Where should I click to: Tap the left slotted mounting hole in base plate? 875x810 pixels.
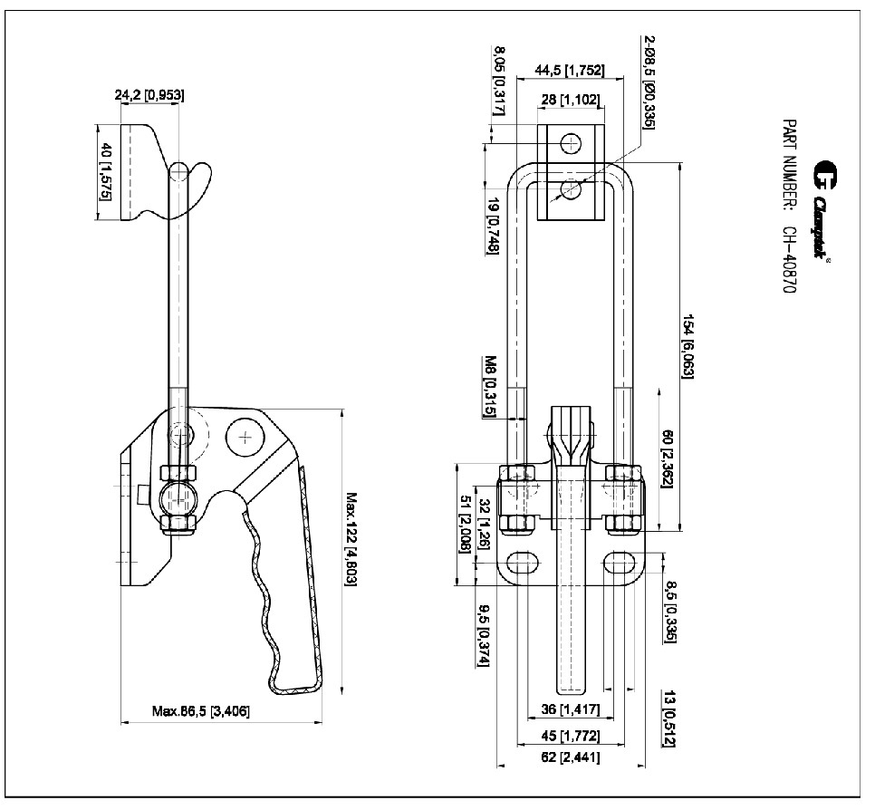click(x=521, y=563)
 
